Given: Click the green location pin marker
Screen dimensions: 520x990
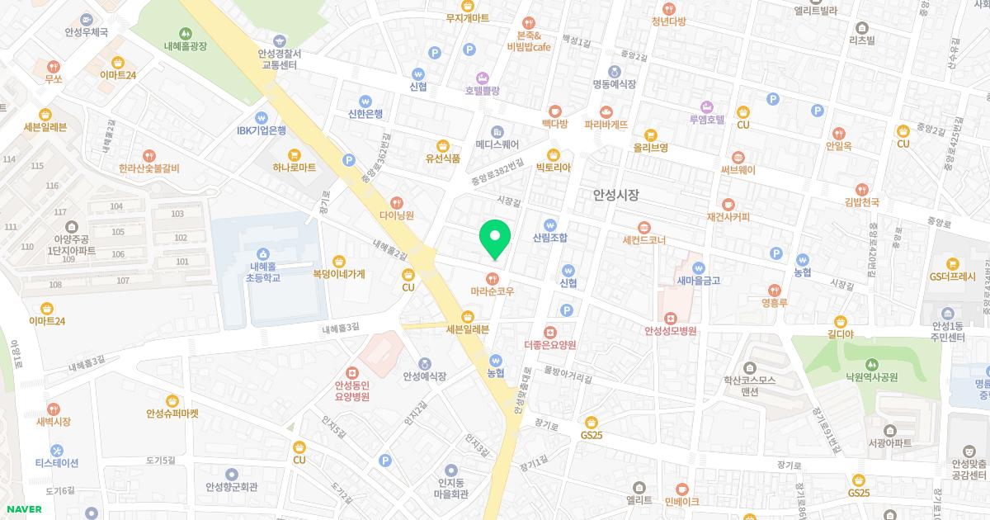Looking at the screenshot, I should [495, 237].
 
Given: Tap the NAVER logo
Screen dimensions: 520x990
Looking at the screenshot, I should [22, 509].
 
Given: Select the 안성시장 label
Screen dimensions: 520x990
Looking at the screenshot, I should [616, 195].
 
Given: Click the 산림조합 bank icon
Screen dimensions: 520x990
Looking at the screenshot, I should [550, 224].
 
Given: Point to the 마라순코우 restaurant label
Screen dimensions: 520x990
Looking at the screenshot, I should [493, 291].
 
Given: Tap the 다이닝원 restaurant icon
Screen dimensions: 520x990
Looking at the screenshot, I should [397, 201].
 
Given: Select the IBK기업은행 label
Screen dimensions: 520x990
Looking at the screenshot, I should [262, 130].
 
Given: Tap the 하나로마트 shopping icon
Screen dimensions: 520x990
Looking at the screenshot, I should [295, 154].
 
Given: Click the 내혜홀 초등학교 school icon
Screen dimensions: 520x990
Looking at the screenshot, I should [262, 253].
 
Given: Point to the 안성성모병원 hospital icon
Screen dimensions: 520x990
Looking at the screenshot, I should [671, 318].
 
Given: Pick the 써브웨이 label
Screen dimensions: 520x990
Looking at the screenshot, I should [738, 170].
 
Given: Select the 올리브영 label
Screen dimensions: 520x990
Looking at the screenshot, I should [650, 148].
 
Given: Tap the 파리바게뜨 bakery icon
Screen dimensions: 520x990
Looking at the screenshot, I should [606, 112].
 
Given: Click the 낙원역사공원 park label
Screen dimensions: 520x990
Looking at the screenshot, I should [870, 377].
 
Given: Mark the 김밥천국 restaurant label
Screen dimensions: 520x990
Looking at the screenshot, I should [862, 202].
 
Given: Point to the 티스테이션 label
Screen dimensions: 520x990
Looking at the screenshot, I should [56, 463].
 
